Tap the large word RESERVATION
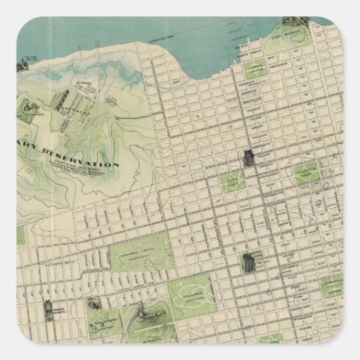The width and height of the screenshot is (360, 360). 77,157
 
